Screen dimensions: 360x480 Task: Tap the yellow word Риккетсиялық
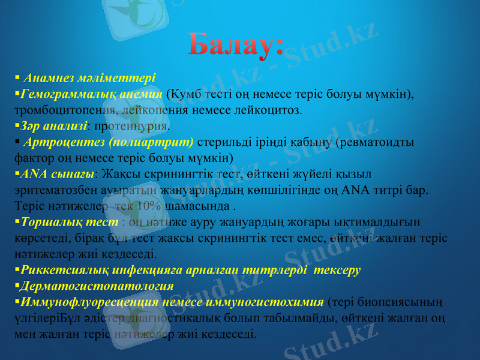60,270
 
